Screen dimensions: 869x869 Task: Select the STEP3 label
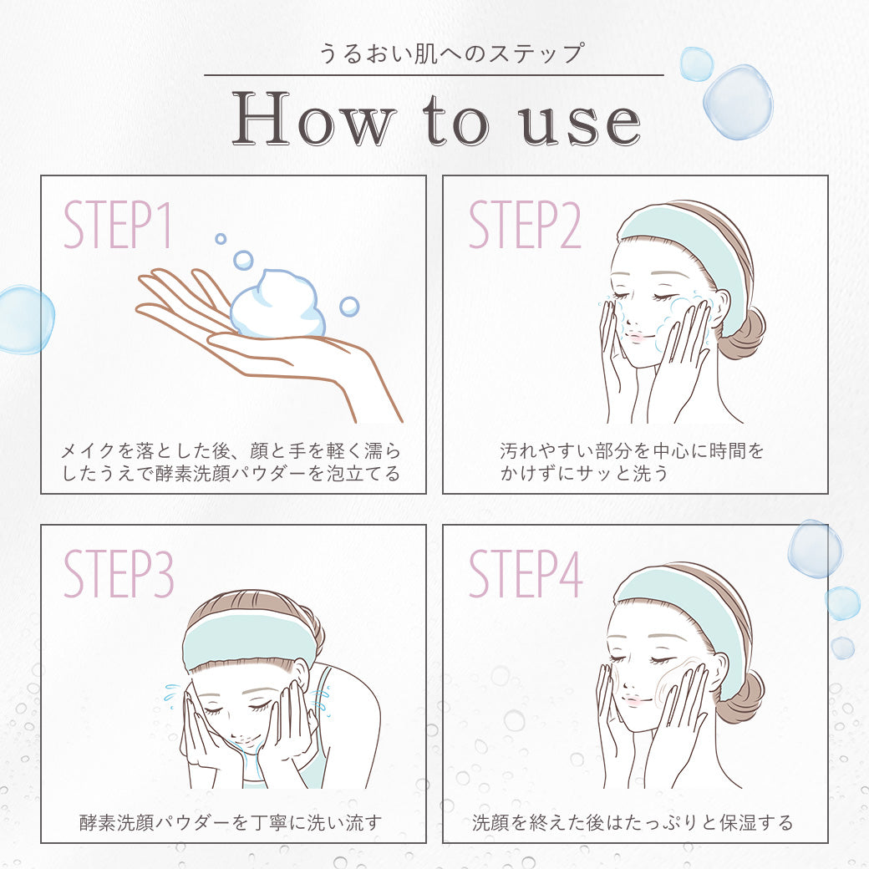click(x=119, y=574)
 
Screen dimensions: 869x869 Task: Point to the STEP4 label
click(x=526, y=574)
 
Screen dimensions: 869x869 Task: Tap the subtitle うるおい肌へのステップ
click(x=450, y=53)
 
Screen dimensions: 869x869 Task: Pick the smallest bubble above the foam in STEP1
click(x=221, y=239)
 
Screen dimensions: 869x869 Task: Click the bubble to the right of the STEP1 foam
click(x=349, y=307)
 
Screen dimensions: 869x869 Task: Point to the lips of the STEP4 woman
click(x=633, y=699)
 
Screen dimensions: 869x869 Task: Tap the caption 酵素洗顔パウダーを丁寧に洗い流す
click(x=231, y=822)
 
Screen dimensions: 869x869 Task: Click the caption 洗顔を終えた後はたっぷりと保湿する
click(x=633, y=822)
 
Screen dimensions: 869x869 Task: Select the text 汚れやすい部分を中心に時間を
click(x=632, y=451)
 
